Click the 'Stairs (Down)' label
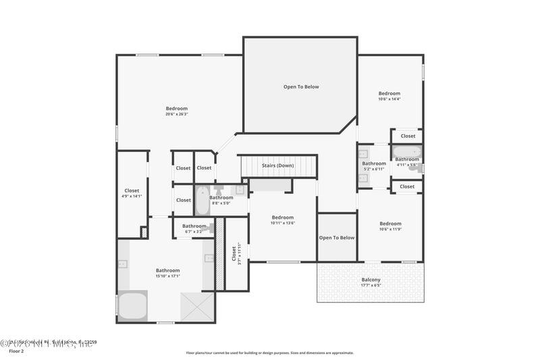[x=277, y=165]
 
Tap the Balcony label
[x=371, y=280]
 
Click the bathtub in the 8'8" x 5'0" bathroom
[x=202, y=201]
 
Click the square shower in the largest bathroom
[x=197, y=307]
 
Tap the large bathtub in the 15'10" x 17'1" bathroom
[x=133, y=305]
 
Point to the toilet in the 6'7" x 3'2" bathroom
[x=211, y=228]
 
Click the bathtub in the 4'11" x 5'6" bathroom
[x=406, y=151]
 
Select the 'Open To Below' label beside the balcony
[x=336, y=238]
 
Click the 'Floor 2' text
[x=16, y=351]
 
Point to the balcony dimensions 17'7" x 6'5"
[x=371, y=286]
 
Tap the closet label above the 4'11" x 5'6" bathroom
[x=408, y=136]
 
